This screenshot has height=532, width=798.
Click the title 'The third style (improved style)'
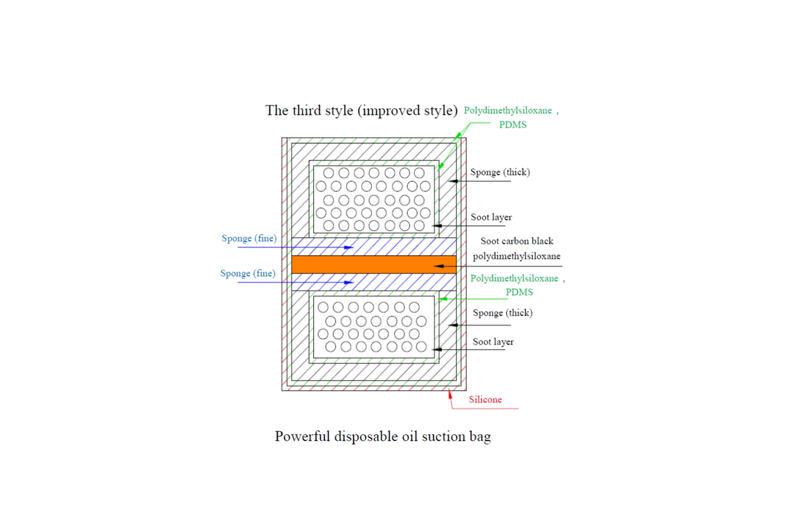[361, 111]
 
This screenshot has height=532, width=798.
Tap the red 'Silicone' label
[485, 400]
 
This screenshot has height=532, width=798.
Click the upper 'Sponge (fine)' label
[249, 239]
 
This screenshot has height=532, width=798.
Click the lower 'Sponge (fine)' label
[248, 273]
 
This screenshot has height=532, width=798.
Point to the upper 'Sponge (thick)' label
[500, 172]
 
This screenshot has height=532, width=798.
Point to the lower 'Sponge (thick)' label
[502, 313]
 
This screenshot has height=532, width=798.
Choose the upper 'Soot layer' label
[491, 217]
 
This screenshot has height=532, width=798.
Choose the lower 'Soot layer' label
[493, 342]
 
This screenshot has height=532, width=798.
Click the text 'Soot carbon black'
[517, 241]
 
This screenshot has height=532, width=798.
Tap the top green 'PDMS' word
[512, 125]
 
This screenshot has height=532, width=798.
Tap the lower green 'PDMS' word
[519, 292]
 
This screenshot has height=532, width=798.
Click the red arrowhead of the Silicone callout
[450, 394]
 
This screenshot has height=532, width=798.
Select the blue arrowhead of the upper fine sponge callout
[349, 247]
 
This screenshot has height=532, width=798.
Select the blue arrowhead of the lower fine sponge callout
[349, 282]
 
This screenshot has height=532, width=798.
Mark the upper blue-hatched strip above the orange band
[373, 247]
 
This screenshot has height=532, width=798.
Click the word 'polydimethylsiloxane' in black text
[516, 256]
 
